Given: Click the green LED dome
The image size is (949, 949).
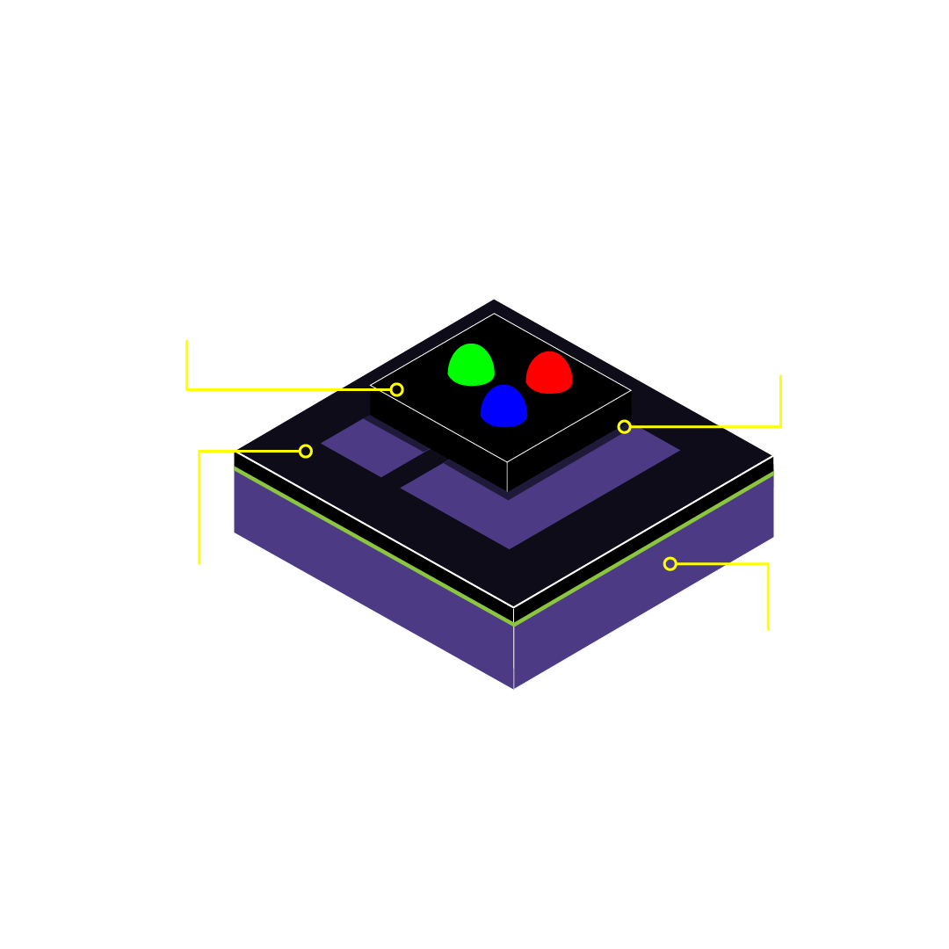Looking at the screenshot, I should click(x=471, y=365).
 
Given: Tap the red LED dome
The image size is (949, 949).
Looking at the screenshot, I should click(x=549, y=373).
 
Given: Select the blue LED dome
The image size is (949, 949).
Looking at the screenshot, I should click(x=503, y=407).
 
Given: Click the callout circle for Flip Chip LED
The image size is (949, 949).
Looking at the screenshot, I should click(x=397, y=389).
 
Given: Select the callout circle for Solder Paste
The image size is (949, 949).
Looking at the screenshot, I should click(x=624, y=427).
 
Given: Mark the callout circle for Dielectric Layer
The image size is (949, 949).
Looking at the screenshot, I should click(x=306, y=451).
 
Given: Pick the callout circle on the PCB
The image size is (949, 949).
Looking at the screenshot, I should click(x=670, y=564).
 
